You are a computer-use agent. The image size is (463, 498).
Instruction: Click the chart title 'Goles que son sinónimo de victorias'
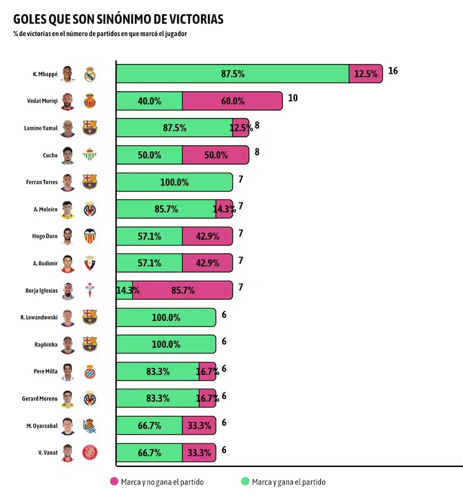(118, 19)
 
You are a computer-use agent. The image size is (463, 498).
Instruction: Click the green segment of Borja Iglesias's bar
(124, 290)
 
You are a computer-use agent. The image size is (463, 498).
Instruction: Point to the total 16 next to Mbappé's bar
(392, 71)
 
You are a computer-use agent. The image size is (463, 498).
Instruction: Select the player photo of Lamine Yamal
(68, 128)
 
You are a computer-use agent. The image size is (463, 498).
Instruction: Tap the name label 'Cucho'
(50, 155)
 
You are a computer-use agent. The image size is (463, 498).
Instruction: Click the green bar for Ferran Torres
(174, 182)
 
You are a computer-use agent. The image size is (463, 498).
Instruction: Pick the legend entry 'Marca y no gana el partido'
(156, 481)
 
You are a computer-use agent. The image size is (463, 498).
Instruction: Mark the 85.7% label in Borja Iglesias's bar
(183, 290)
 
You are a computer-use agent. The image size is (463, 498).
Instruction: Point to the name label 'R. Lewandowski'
(38, 317)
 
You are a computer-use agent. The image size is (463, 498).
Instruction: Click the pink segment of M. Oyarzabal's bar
(199, 425)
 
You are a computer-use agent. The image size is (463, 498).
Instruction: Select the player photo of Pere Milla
(68, 371)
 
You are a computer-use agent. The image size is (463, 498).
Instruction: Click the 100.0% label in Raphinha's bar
(166, 344)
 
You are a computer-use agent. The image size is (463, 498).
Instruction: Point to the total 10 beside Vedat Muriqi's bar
(293, 98)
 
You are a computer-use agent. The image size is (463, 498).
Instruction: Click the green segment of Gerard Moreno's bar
(158, 398)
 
